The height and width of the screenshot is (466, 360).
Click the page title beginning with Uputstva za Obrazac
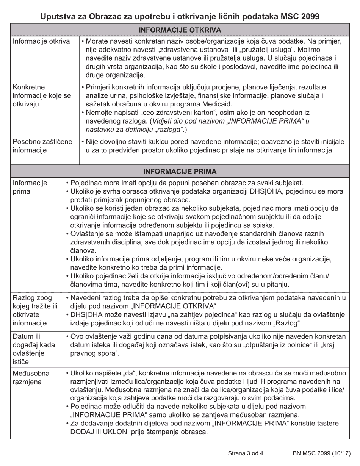(x=180, y=17)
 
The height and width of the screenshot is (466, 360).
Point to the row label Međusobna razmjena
(x=31, y=377)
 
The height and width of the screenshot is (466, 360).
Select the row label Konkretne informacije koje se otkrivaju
(x=42, y=96)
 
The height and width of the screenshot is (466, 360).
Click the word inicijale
(x=331, y=141)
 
